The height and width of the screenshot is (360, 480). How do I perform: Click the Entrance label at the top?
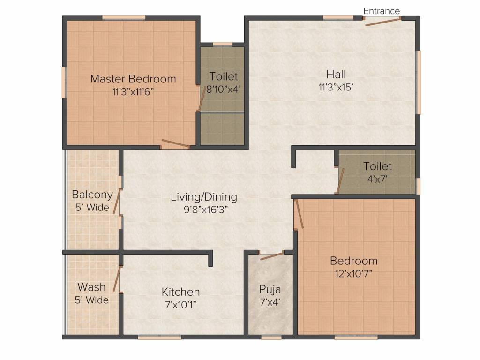pos(382,11)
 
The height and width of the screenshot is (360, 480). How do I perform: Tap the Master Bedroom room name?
pos(133,79)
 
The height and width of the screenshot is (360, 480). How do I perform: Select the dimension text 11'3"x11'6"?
pos(133,91)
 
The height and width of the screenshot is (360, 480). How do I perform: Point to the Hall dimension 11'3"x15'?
pos(336,87)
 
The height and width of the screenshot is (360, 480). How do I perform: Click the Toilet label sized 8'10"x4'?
pos(224,76)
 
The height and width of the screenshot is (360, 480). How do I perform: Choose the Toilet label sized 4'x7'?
pos(377,166)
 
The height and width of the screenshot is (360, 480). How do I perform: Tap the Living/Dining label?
pos(204,197)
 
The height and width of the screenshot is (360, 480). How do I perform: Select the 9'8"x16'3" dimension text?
pos(206,210)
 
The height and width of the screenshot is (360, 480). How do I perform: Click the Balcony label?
pos(92,195)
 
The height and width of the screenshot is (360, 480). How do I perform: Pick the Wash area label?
pos(91,287)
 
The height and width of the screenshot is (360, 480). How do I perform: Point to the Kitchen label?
pos(180,292)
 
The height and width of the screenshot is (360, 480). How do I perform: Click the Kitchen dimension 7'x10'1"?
pos(180,305)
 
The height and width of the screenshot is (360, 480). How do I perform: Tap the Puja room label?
pos(270,289)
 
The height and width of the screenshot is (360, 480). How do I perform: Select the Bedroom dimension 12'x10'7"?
pos(353,273)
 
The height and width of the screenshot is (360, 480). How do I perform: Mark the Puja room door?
pos(272,256)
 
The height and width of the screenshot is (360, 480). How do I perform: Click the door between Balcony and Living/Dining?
pos(117,201)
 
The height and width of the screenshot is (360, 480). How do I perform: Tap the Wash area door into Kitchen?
pos(117,279)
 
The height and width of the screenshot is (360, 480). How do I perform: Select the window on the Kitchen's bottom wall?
pos(159,337)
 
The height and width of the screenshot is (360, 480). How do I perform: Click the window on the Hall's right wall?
pos(419,82)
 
